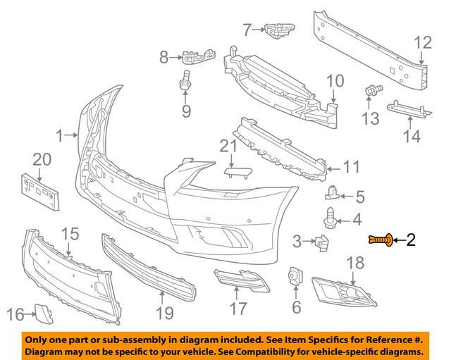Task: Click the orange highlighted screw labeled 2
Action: point(379,241)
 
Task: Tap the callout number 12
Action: point(421,43)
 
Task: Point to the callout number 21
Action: point(227,146)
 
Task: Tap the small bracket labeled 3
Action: point(321,243)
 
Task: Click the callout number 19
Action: point(163,312)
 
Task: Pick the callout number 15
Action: point(70,232)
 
